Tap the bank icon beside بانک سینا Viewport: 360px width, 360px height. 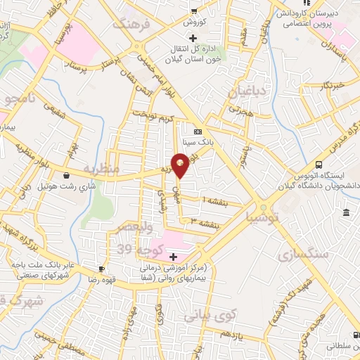(198, 131)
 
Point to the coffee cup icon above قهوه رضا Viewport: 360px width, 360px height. (102, 268)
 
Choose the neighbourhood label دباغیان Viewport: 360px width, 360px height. (245, 91)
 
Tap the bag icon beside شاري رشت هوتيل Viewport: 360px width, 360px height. (66, 176)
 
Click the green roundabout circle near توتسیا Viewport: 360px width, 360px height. (262, 207)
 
